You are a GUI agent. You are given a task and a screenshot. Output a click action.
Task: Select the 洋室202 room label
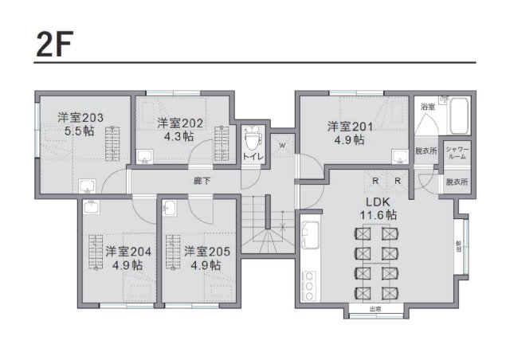[x=181, y=123]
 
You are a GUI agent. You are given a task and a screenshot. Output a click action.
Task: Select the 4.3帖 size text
[x=179, y=136]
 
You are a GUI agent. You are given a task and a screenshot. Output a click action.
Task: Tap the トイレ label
[x=253, y=157]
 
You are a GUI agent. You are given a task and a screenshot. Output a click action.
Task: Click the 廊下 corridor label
[x=202, y=181]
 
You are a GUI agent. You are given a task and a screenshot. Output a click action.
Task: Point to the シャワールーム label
[x=457, y=153]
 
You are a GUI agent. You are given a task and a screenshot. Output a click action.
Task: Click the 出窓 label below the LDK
[x=375, y=308]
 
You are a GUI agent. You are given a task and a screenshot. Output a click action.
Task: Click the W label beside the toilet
[x=281, y=145]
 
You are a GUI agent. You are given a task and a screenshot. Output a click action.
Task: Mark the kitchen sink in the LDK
[x=309, y=235]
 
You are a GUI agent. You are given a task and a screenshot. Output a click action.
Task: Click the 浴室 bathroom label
[x=427, y=107]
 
